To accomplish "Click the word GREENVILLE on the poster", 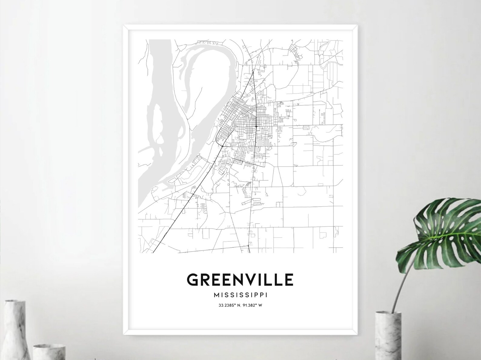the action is tap(240, 279).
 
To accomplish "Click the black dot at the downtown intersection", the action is tap(256, 126).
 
